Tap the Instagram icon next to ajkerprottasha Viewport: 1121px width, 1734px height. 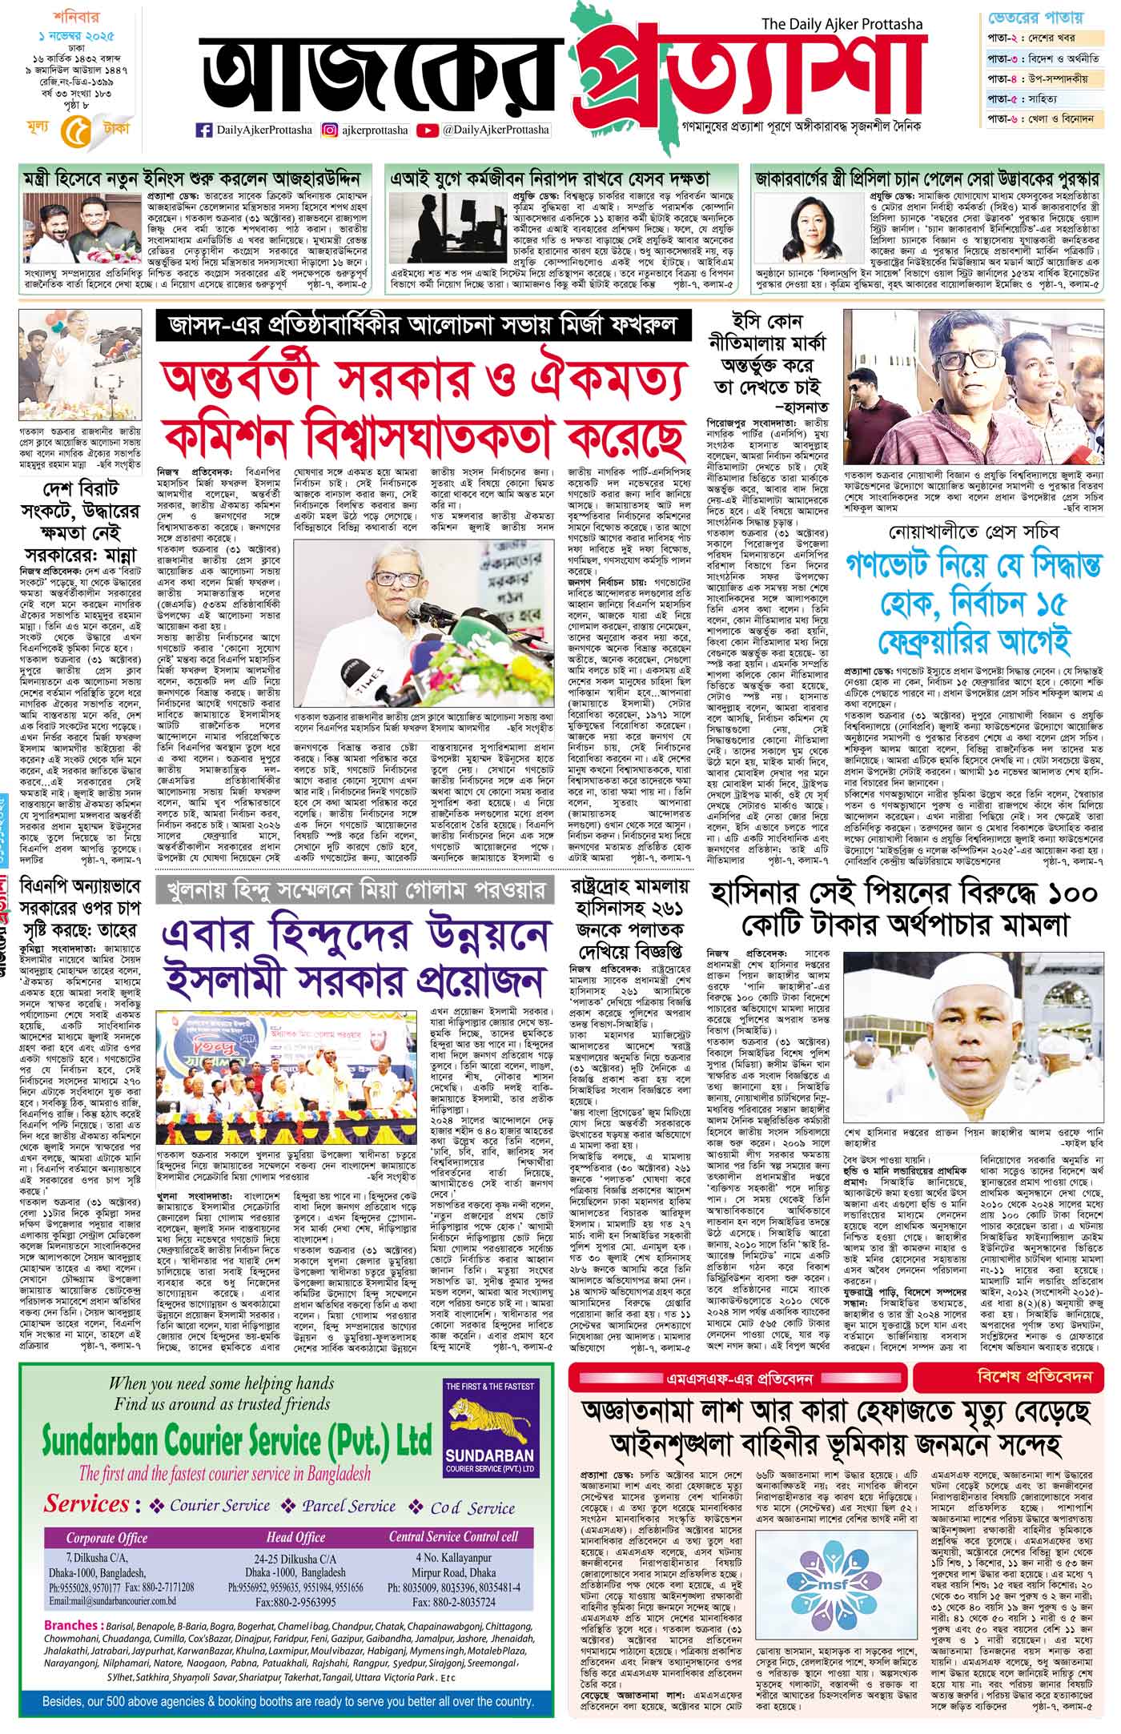(x=329, y=130)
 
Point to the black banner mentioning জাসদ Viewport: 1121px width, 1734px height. (x=421, y=325)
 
